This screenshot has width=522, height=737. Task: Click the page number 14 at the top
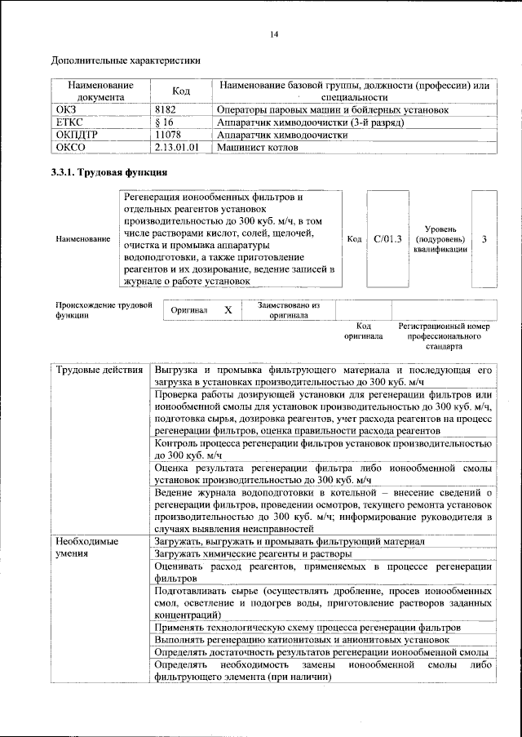click(274, 33)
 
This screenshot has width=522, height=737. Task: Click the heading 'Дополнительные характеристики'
click(126, 60)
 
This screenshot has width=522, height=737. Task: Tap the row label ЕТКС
click(68, 122)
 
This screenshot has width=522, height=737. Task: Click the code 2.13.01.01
click(177, 148)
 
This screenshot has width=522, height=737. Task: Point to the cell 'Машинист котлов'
click(257, 148)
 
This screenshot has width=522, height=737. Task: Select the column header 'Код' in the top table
click(181, 91)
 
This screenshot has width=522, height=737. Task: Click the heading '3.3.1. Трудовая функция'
click(110, 172)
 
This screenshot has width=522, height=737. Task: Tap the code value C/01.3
click(387, 239)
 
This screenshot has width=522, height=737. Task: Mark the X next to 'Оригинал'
click(228, 310)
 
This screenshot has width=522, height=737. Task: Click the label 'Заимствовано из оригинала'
click(290, 310)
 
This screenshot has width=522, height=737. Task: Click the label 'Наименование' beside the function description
click(82, 239)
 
